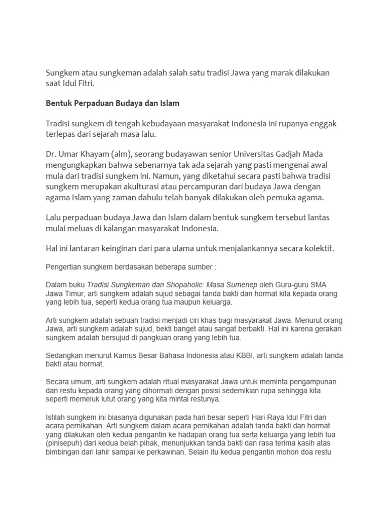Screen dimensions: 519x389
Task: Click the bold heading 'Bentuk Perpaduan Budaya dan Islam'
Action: (x=112, y=103)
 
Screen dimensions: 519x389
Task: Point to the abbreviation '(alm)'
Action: (x=118, y=155)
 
